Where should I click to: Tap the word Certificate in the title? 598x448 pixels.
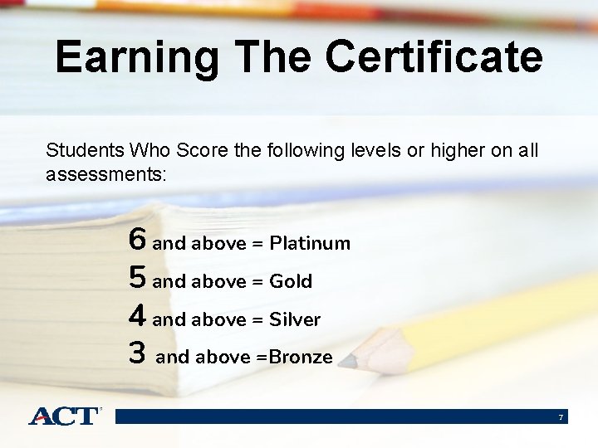pos(434,57)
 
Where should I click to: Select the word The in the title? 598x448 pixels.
pos(275,57)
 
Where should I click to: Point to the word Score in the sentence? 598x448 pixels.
pos(196,150)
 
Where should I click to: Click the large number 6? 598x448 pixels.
pos(138,241)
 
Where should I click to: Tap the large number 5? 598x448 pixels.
pos(138,279)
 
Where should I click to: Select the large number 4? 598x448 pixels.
pos(138,317)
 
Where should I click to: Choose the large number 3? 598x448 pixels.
pos(138,354)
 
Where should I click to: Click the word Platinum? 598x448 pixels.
pos(310,243)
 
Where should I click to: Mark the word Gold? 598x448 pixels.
pos(291,281)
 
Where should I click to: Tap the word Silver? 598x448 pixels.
pos(295,319)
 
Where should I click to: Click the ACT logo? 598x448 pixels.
pos(65,416)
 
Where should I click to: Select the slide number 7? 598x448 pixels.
pos(561,416)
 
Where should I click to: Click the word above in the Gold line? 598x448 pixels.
pos(218,281)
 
